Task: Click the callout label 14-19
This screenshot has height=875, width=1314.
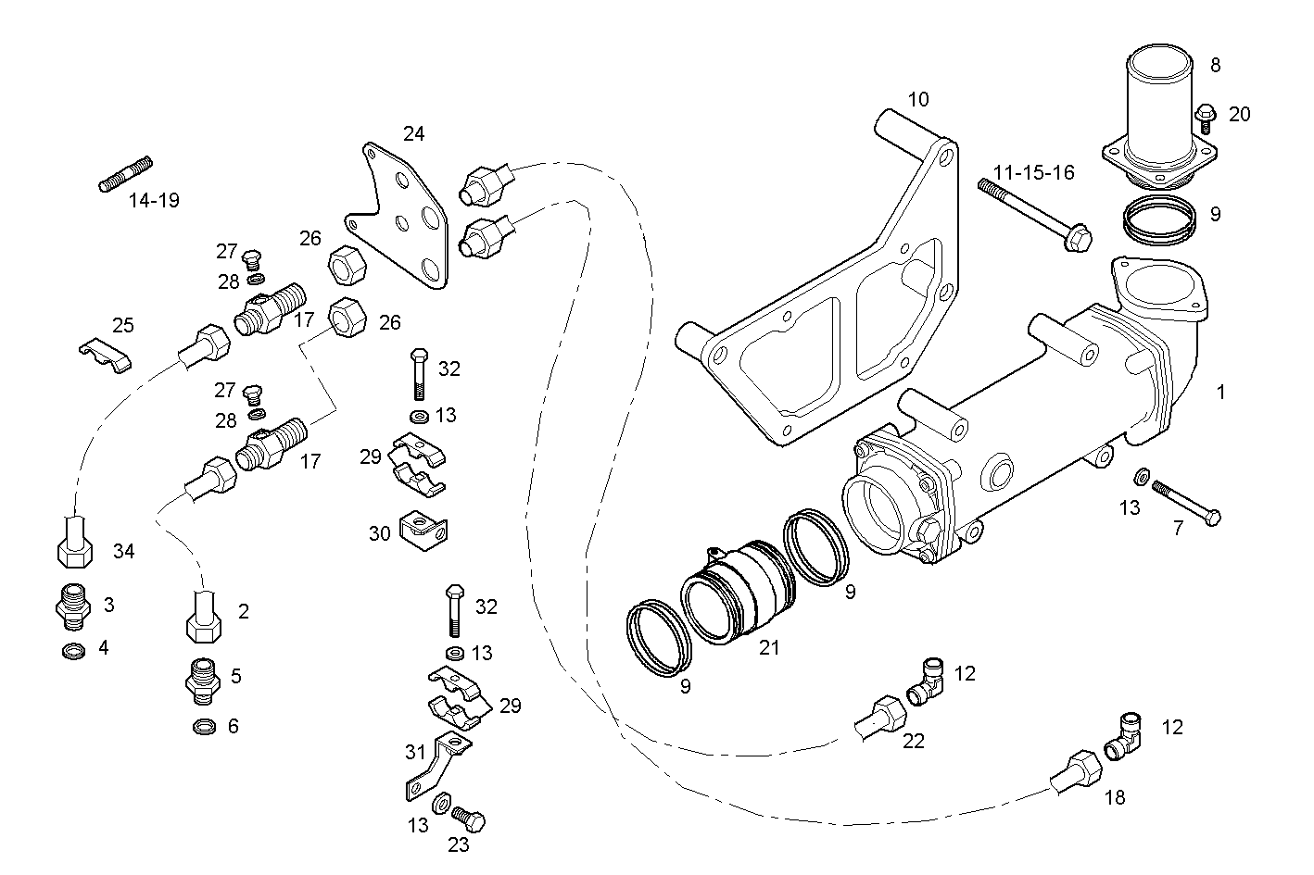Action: tap(154, 199)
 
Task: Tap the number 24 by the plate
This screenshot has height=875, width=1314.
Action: tap(413, 134)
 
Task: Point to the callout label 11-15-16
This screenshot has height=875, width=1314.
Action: tap(1033, 172)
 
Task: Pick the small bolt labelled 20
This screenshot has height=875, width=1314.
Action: tap(1206, 116)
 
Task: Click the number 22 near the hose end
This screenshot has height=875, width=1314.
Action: tap(913, 741)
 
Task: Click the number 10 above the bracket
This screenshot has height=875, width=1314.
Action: tap(917, 99)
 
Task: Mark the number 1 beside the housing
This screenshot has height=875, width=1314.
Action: tap(1220, 392)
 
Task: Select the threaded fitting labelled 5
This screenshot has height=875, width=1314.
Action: tap(201, 680)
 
